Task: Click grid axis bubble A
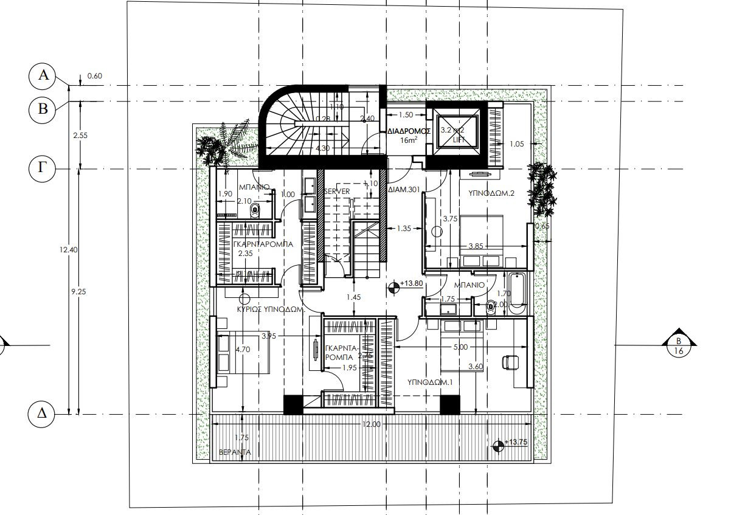[x=43, y=75]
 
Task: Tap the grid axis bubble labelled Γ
[x=43, y=168]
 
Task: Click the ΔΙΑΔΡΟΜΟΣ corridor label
[x=409, y=131]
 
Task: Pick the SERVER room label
[x=337, y=192]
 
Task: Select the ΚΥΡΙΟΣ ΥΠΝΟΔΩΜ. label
[x=269, y=309]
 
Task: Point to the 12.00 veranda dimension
[x=370, y=424]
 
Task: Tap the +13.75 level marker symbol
[x=498, y=446]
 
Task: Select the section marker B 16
[x=678, y=345]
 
